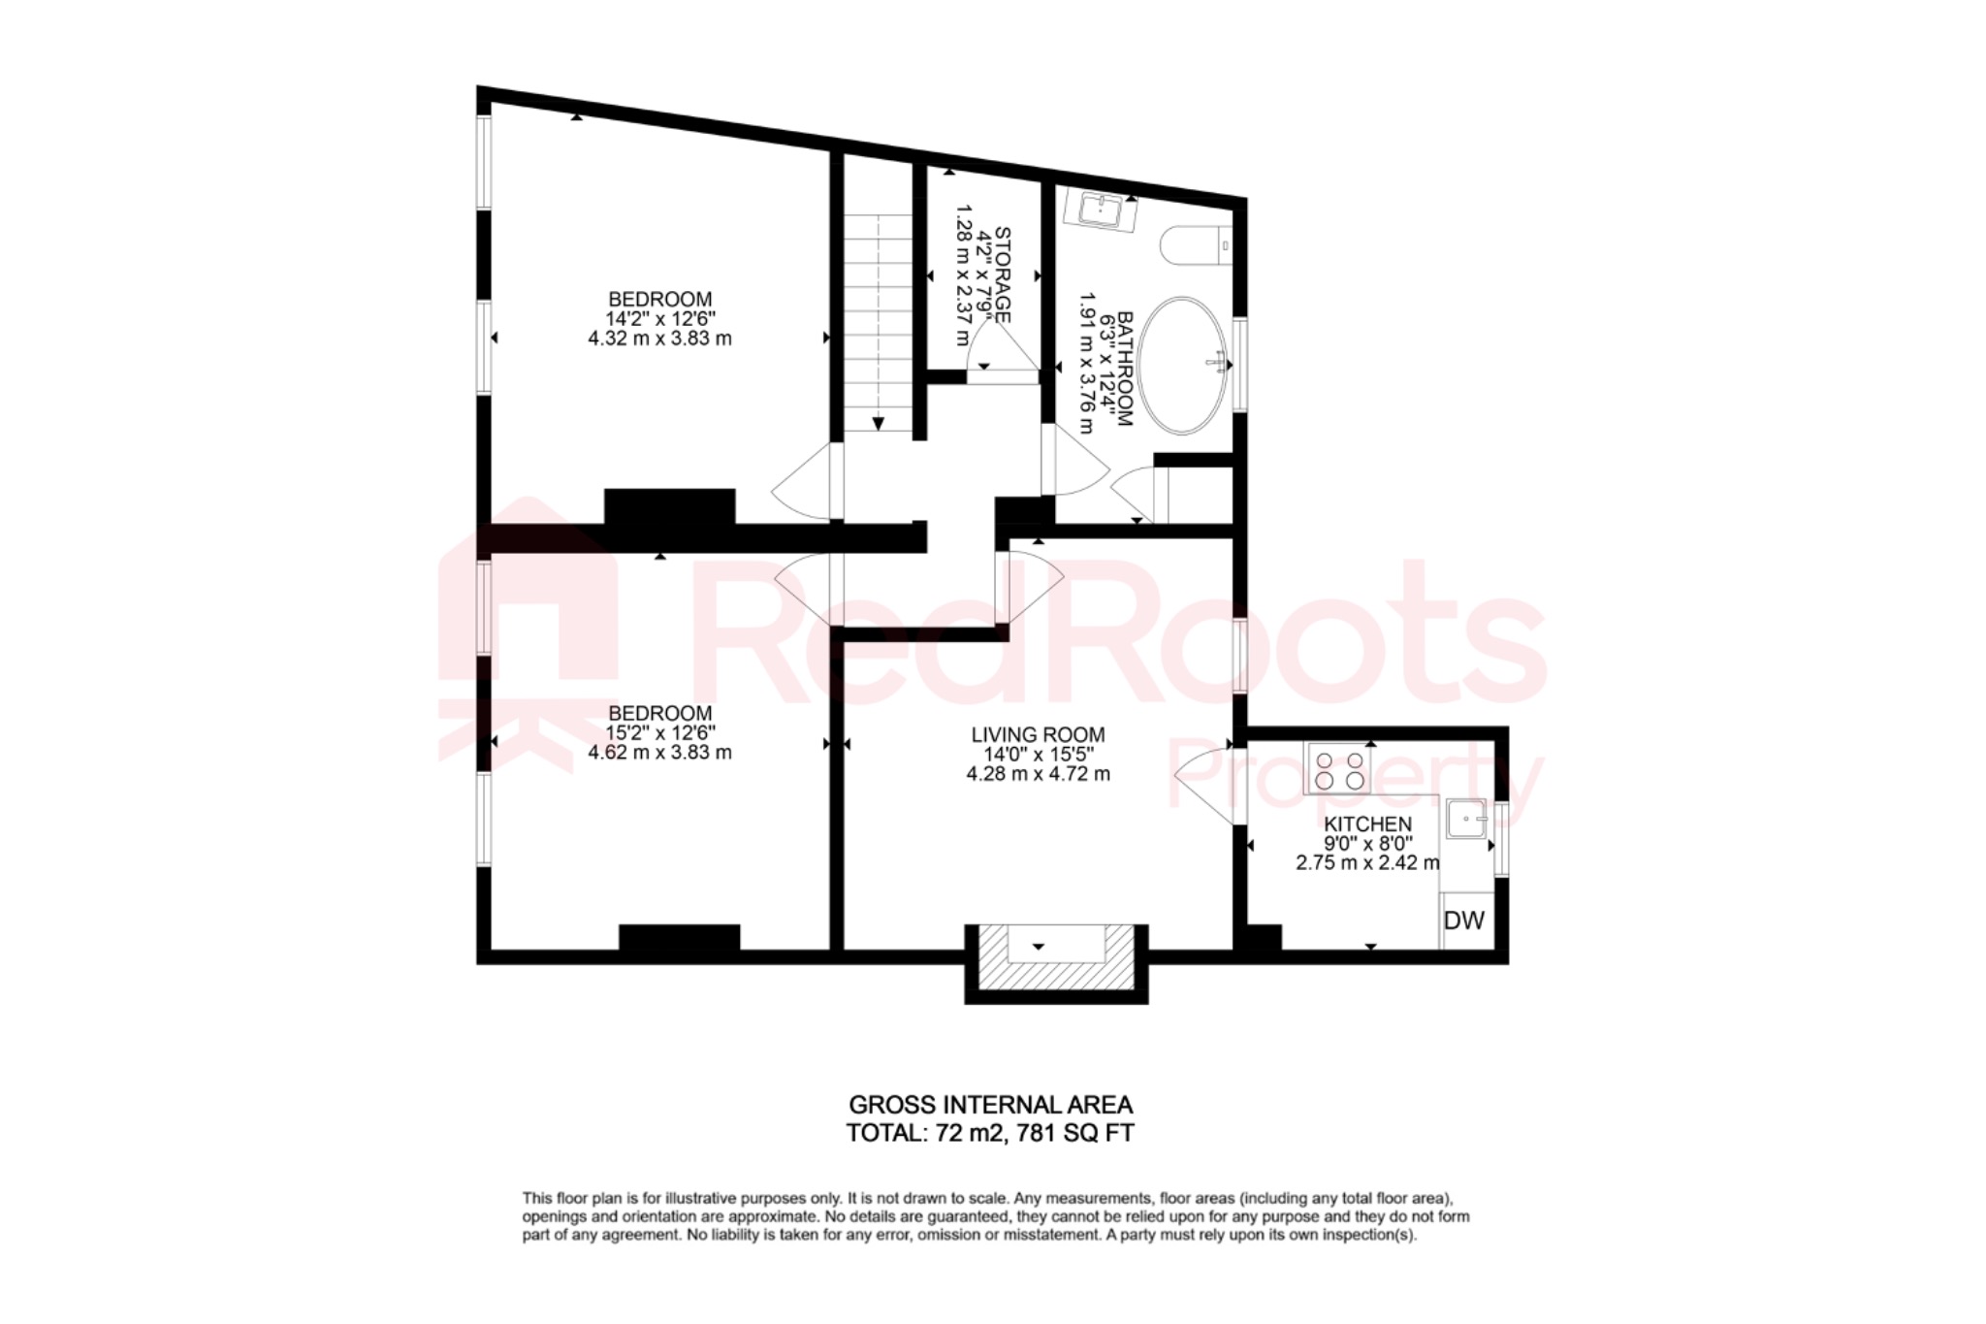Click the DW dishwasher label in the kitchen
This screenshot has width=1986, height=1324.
tap(1464, 920)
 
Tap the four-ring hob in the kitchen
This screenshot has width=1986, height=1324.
tap(1339, 768)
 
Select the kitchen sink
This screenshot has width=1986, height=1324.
tap(1466, 818)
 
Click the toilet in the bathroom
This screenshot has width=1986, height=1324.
tap(1196, 246)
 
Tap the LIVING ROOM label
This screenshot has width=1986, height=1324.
tap(1038, 735)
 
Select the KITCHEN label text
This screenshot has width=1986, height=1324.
tap(1368, 824)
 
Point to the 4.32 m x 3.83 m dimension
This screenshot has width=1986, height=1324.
tap(659, 339)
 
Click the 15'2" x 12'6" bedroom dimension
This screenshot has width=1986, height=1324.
tap(659, 732)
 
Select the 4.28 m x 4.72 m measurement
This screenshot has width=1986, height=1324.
tap(1038, 774)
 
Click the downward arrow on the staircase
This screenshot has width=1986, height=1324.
tap(878, 422)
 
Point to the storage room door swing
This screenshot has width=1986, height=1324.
tap(999, 349)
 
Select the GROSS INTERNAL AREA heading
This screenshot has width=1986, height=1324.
tap(990, 1105)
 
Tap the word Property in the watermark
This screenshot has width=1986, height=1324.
tap(1358, 781)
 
